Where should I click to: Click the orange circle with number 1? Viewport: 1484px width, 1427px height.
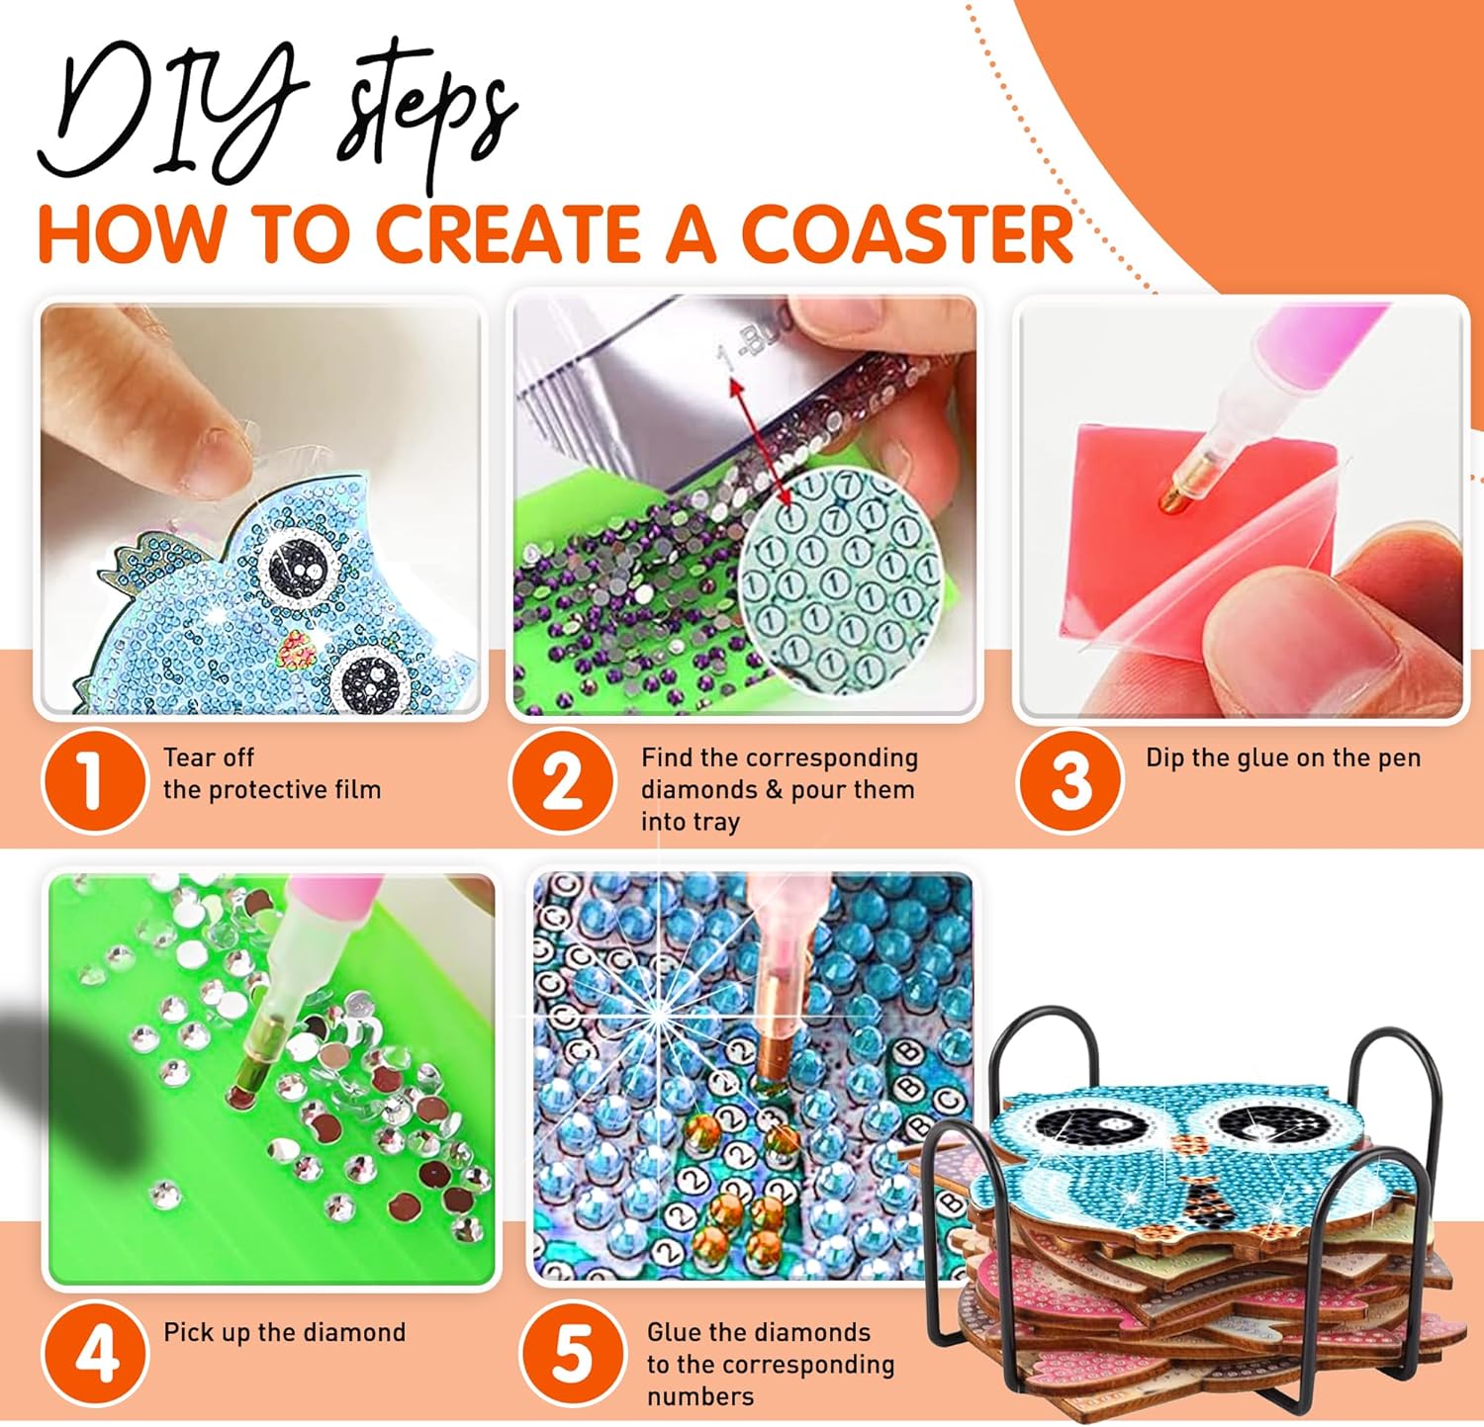click(94, 780)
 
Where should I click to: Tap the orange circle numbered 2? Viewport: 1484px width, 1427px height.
click(562, 780)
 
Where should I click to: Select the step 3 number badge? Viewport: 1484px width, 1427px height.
click(1069, 780)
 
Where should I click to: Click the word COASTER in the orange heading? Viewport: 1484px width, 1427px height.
click(906, 234)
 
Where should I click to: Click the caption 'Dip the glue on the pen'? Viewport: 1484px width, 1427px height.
click(1283, 758)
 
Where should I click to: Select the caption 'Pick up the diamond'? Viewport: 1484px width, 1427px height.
click(285, 1333)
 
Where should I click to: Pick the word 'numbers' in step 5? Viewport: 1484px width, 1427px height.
click(700, 1396)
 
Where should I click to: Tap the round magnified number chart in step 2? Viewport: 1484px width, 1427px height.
click(841, 569)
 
